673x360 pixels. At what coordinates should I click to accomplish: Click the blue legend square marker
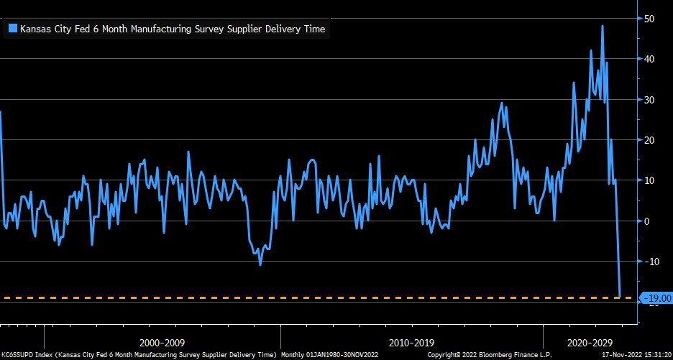(x=12, y=29)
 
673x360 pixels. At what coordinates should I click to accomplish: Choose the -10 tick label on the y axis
(x=651, y=262)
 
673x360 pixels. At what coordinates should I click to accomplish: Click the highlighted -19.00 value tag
(x=656, y=297)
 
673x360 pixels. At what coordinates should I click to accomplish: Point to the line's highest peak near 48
(x=602, y=26)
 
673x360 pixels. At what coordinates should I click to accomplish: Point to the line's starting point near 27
(x=1, y=111)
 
